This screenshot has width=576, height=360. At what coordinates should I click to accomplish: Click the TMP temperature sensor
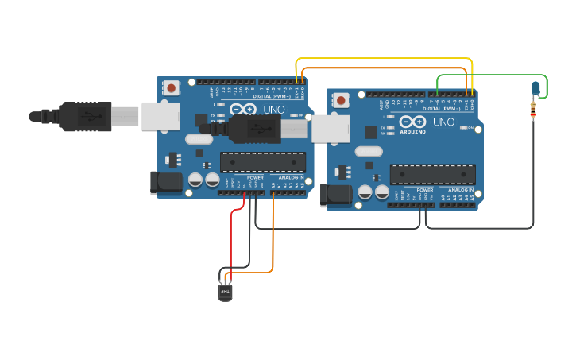(226, 292)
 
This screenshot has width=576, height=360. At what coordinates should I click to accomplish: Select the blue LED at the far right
(535, 87)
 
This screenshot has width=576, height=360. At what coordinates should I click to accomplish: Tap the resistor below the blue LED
(533, 110)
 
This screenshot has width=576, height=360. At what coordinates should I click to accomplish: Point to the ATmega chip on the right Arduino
(432, 175)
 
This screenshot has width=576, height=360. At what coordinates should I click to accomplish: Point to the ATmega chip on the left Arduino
(262, 162)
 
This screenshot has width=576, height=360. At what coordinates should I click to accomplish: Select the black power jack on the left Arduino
(166, 183)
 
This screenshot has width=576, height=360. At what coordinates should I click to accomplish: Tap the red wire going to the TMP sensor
(232, 238)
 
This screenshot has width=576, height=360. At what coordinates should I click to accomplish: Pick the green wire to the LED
(493, 75)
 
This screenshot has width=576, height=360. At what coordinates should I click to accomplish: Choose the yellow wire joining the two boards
(381, 58)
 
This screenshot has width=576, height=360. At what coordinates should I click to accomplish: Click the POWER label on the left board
(255, 177)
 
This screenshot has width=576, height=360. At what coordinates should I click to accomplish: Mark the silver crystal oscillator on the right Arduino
(369, 151)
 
